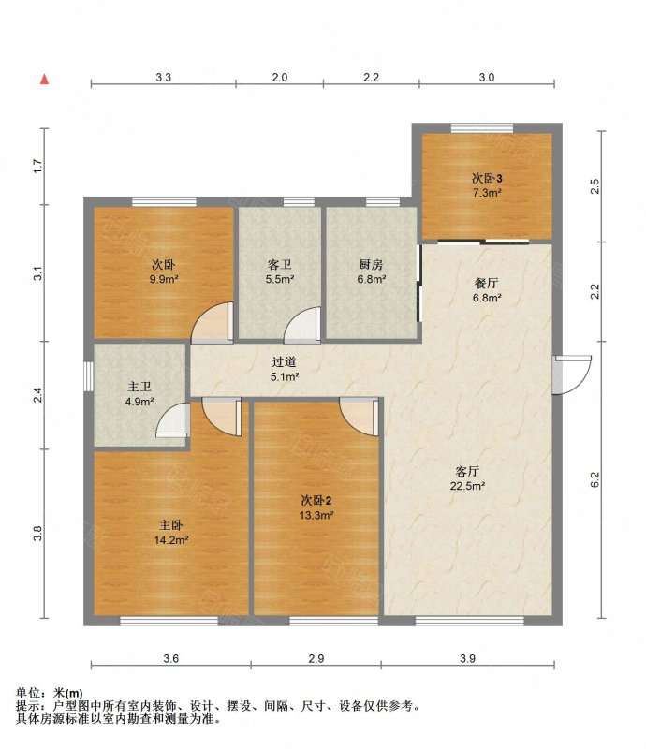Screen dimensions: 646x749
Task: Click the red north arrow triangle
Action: click(44, 80)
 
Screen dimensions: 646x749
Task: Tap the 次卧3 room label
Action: click(487, 179)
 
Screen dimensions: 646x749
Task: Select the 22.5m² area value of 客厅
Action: click(467, 486)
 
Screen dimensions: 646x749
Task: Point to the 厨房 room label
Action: click(372, 264)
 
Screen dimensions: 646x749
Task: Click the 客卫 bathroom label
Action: click(280, 264)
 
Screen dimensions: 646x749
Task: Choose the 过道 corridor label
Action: click(285, 362)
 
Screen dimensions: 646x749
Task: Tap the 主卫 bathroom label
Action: click(139, 387)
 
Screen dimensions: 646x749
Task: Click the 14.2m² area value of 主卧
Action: click(171, 540)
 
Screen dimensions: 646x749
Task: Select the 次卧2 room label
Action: click(316, 501)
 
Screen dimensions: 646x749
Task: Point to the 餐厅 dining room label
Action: click(487, 284)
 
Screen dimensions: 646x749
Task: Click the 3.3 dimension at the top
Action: click(164, 78)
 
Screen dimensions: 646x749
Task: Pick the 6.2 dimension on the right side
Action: click(595, 479)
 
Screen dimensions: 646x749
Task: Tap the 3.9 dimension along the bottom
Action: click(468, 658)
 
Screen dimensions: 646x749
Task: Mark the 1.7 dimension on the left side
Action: click(37, 166)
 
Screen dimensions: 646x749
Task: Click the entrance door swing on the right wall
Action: click(572, 375)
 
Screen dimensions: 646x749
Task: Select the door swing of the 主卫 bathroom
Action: click(172, 420)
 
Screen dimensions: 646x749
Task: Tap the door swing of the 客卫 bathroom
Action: click(302, 325)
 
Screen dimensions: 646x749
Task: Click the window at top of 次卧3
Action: click(482, 127)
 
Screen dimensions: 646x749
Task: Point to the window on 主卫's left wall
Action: click(88, 376)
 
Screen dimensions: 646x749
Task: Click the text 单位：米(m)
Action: click(50, 693)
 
